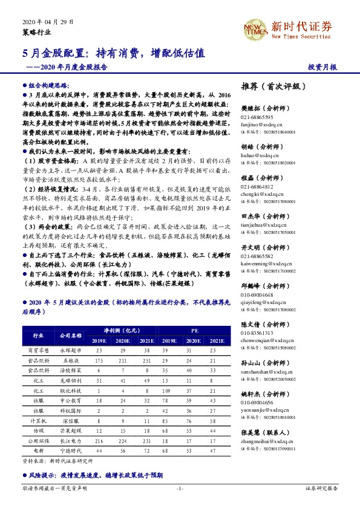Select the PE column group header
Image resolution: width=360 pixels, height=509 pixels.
tap(195, 331)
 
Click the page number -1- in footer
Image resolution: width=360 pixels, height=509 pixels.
tap(180, 487)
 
